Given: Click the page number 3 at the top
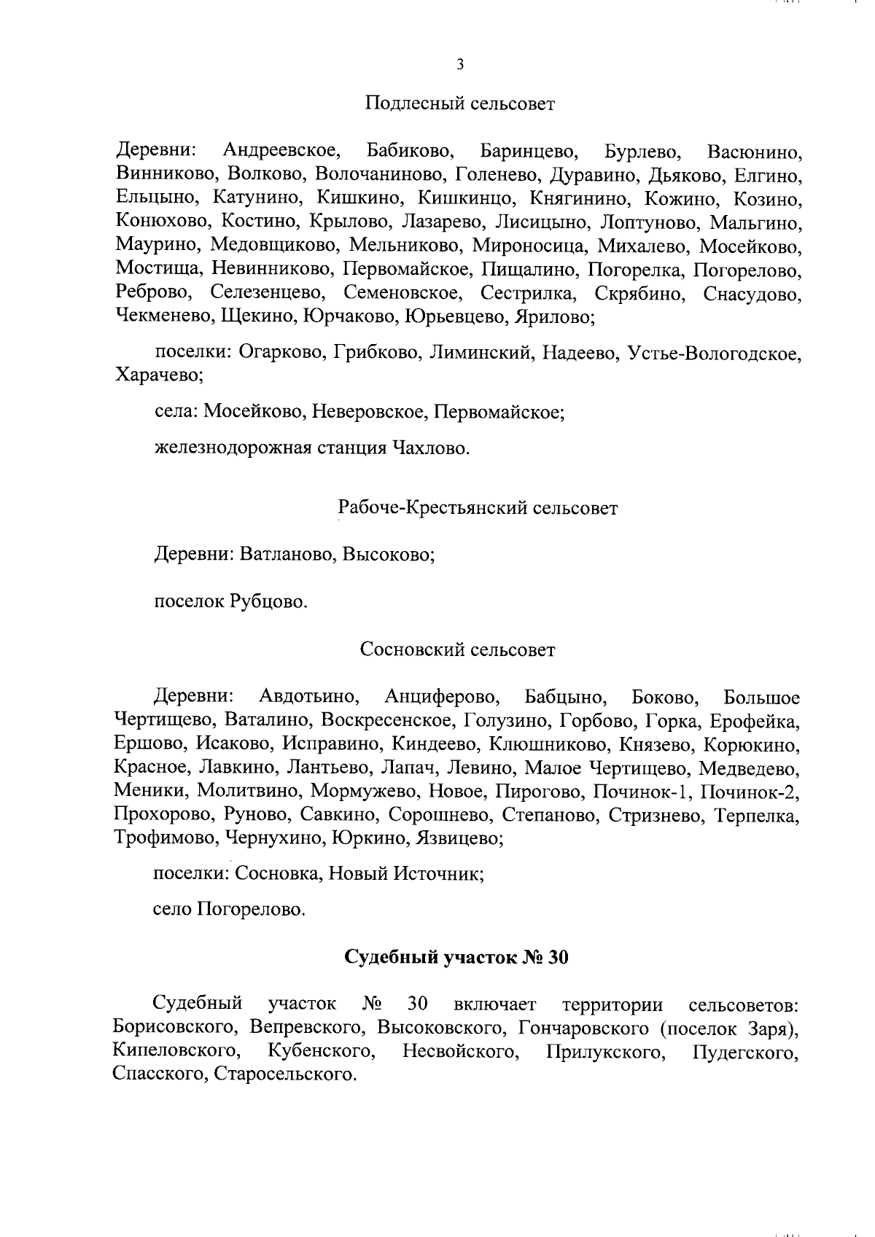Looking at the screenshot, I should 459,65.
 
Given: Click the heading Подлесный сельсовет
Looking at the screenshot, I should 459,104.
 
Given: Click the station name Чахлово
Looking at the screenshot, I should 431,448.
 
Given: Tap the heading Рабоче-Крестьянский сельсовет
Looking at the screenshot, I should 478,508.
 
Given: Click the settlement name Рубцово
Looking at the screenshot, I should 268,602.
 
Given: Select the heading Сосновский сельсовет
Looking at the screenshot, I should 458,649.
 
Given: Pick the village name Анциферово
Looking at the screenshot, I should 442,697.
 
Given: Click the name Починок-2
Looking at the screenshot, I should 759,792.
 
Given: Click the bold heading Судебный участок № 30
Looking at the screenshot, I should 456,957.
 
